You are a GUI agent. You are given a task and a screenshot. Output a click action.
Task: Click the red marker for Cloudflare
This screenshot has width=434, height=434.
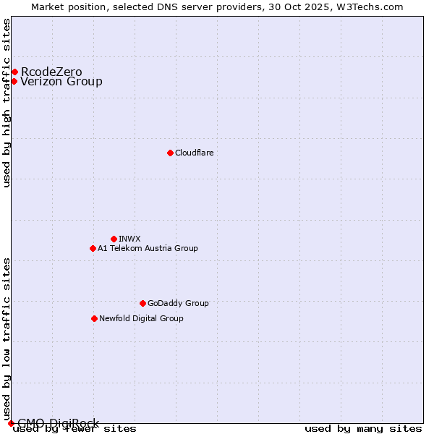(x=170, y=153)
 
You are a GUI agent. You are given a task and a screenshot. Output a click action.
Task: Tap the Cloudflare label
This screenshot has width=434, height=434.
(x=194, y=153)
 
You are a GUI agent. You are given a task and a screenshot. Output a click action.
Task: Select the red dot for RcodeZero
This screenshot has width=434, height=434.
(x=14, y=72)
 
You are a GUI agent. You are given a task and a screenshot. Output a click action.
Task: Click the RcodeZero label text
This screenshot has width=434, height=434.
(x=51, y=72)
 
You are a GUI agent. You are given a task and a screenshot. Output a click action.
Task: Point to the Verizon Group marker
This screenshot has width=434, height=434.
(x=14, y=81)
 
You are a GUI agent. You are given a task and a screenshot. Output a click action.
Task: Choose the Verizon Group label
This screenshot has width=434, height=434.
(x=61, y=81)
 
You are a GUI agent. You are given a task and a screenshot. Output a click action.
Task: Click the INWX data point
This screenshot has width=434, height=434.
(x=114, y=239)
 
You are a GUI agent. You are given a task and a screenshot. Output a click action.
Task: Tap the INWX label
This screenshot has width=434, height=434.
(x=129, y=239)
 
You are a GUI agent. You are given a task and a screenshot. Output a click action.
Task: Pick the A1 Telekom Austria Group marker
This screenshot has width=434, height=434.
(x=93, y=248)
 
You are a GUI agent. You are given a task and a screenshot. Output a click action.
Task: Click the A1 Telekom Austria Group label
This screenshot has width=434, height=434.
(x=148, y=248)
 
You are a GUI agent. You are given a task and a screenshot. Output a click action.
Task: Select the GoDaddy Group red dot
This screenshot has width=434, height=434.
(x=142, y=303)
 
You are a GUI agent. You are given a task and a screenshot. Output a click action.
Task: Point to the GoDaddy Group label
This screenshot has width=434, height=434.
(x=178, y=303)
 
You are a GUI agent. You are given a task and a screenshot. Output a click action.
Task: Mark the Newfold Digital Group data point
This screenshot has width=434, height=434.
(x=94, y=318)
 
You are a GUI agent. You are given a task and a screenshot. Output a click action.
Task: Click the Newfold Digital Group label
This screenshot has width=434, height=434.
(x=141, y=318)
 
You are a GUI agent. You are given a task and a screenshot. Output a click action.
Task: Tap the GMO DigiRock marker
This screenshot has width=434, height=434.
(x=11, y=423)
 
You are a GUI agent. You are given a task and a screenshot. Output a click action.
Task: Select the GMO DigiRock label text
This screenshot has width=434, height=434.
(x=58, y=423)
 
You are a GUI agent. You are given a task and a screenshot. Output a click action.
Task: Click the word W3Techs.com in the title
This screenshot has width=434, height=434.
(x=373, y=7)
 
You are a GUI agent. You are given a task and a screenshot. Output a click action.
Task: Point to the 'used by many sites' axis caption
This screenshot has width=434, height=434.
(x=363, y=429)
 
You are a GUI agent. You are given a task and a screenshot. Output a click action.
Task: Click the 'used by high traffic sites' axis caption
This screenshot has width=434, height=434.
(x=7, y=103)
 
